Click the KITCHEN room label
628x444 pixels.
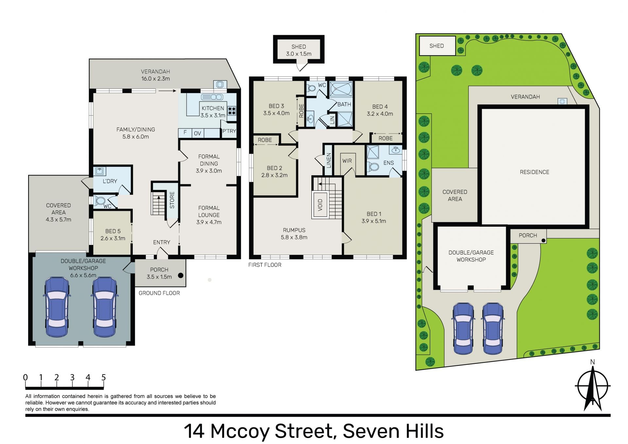pyautogui.click(x=213, y=108)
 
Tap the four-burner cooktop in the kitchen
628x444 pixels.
pyautogui.click(x=232, y=110)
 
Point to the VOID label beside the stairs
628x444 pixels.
pyautogui.click(x=320, y=205)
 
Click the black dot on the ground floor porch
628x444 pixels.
pyautogui.click(x=181, y=275)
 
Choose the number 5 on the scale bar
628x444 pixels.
pyautogui.click(x=104, y=378)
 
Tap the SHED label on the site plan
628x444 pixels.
pyautogui.click(x=437, y=46)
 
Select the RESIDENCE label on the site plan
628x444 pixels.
pyautogui.click(x=534, y=172)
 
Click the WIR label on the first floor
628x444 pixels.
pyautogui.click(x=347, y=161)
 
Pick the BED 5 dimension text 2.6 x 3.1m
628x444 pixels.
pyautogui.click(x=113, y=238)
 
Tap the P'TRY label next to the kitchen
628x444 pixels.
pyautogui.click(x=229, y=131)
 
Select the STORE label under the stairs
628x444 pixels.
pyautogui.click(x=172, y=200)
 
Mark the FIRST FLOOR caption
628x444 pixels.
pyautogui.click(x=265, y=265)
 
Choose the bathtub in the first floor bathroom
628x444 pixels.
pyautogui.click(x=341, y=89)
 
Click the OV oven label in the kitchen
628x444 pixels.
pyautogui.click(x=198, y=133)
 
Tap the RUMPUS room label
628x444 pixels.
pyautogui.click(x=294, y=230)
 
